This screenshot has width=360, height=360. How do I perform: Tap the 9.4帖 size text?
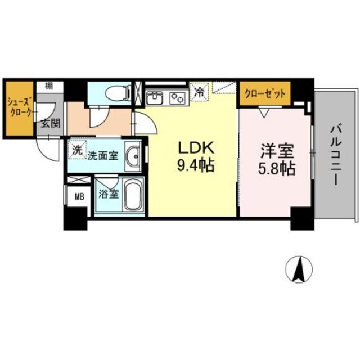pyautogui.click(x=196, y=166)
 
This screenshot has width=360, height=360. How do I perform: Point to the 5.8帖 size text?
pyautogui.click(x=276, y=169)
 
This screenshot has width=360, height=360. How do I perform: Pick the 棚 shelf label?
pyautogui.click(x=49, y=86)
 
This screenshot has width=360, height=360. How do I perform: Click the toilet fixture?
pyautogui.click(x=116, y=92)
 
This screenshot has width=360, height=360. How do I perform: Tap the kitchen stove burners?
pyautogui.click(x=178, y=98)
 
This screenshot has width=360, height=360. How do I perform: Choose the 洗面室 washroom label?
pyautogui.click(x=102, y=155)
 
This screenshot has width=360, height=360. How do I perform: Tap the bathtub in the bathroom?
pyautogui.click(x=133, y=196)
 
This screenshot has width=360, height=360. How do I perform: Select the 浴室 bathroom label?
pyautogui.click(x=109, y=195)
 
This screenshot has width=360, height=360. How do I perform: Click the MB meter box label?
pyautogui.click(x=76, y=197)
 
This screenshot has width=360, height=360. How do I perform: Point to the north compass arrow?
pyautogui.click(x=299, y=269)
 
